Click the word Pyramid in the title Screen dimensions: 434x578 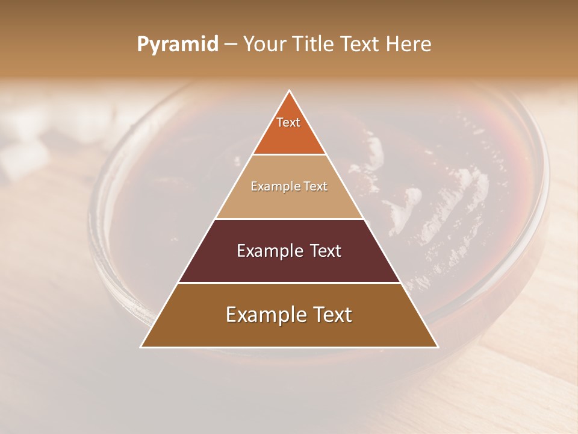(x=177, y=45)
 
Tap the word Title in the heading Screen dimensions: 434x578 (x=315, y=45)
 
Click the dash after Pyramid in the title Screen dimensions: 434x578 (x=231, y=45)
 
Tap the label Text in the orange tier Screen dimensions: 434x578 (x=288, y=122)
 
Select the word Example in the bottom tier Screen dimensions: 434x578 (x=265, y=315)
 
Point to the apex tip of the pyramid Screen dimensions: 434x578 (x=289, y=91)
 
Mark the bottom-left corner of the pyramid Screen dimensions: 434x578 (x=141, y=347)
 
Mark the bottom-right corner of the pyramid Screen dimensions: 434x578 (x=437, y=347)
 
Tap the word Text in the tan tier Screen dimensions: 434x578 (x=316, y=186)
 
